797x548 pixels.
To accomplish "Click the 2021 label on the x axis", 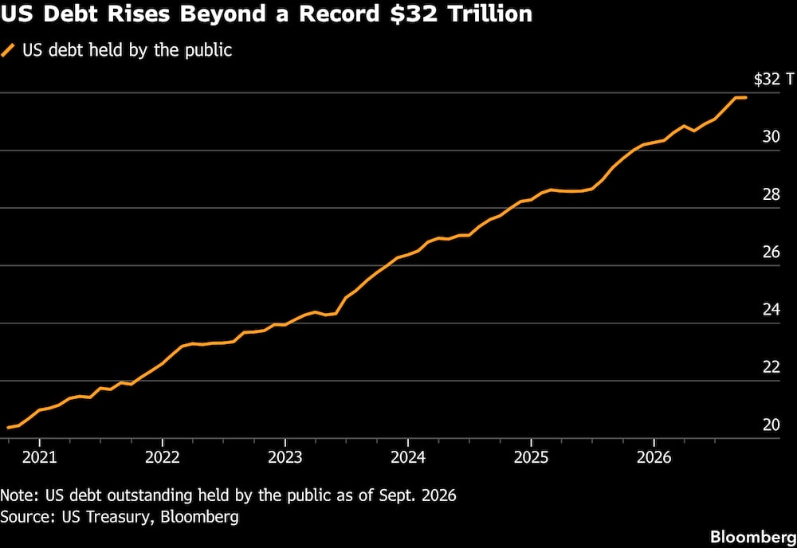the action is (x=40, y=458).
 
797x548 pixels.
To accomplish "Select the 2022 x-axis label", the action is (x=163, y=458).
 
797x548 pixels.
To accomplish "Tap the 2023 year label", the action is (x=285, y=458).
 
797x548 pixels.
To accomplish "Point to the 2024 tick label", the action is (x=408, y=458).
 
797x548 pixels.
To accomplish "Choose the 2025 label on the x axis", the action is (x=531, y=458).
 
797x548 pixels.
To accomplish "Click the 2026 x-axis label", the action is (x=654, y=458).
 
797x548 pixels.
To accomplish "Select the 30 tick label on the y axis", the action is (x=771, y=137).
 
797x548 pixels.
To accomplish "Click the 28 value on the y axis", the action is (x=771, y=194).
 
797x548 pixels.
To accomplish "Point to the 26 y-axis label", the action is (x=771, y=252).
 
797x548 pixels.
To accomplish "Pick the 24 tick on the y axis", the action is (x=771, y=309).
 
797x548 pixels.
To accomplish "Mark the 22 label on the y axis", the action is (x=771, y=367).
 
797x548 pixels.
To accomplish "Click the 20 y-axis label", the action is (x=771, y=425).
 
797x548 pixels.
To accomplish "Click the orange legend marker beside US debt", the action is (x=8, y=50).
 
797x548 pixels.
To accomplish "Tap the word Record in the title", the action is (x=339, y=14).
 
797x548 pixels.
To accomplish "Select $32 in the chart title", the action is (x=412, y=14).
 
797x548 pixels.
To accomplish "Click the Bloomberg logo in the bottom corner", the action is (x=753, y=537).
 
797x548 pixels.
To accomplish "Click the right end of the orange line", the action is (x=746, y=97).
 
